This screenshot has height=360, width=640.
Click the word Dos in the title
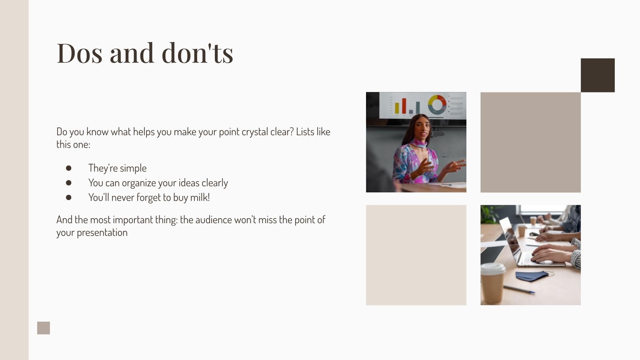point(80,53)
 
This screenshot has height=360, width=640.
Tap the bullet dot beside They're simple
point(69,168)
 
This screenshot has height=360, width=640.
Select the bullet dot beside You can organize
point(69,183)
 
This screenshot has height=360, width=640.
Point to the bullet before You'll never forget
point(69,197)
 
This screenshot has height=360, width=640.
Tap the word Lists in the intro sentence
point(305,132)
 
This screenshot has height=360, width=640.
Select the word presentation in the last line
point(102,233)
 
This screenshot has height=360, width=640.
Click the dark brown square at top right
point(598,75)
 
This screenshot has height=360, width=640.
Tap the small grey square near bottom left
point(44,328)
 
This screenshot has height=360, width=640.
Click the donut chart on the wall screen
point(437,104)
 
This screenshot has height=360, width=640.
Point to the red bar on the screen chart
point(404,106)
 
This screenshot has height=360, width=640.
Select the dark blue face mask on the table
point(532,276)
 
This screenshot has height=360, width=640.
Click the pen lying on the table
point(519,289)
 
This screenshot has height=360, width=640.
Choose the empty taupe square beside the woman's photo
point(530,142)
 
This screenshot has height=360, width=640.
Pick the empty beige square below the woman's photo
point(416,255)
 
